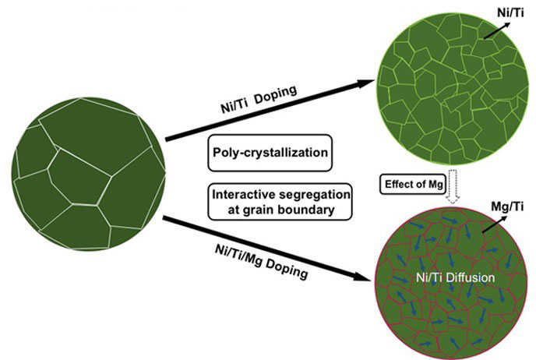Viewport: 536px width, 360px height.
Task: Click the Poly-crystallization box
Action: pos(270,153)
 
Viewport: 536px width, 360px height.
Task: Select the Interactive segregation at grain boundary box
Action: pos(280,202)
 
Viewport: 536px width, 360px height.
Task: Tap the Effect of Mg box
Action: pos(413,184)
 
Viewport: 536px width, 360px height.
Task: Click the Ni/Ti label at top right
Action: pos(510,13)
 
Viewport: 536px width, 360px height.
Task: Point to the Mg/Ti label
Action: pos(507,207)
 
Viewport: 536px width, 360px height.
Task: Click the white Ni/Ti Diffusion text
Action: pos(455,277)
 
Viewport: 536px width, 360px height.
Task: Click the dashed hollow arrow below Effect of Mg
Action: pos(453,187)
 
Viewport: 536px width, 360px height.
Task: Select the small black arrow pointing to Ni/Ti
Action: pos(497,30)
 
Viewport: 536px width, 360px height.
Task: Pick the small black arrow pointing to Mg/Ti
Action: pos(495,224)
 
